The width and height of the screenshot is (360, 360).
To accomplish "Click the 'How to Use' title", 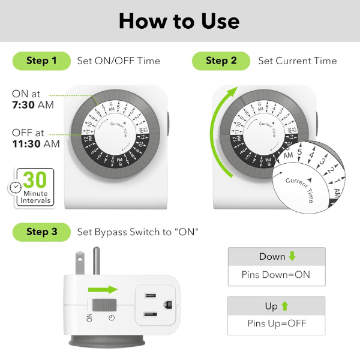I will pyautogui.click(x=179, y=21).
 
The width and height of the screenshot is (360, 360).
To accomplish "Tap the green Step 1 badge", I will pyautogui.click(x=41, y=61).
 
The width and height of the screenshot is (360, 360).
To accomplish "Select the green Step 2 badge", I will pyautogui.click(x=221, y=61).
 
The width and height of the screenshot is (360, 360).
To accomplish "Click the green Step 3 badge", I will pyautogui.click(x=41, y=232).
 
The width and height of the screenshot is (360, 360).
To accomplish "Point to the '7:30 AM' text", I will pyautogui.click(x=33, y=105).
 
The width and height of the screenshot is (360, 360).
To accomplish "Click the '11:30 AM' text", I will pyautogui.click(x=36, y=143).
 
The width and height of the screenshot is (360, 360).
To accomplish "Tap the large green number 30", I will pyautogui.click(x=35, y=180).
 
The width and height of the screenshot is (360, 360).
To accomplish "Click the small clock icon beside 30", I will pyautogui.click(x=16, y=187).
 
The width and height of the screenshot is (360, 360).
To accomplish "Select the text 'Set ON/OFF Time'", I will pyautogui.click(x=119, y=61).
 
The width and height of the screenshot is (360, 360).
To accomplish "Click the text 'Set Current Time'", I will pyautogui.click(x=298, y=61).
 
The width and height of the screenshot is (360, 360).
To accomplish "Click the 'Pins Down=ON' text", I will pyautogui.click(x=276, y=275).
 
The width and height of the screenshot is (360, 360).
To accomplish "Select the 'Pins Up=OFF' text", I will pyautogui.click(x=277, y=324).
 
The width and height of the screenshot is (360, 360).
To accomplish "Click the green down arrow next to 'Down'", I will pyautogui.click(x=292, y=256).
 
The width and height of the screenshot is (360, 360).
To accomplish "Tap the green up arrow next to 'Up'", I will pyautogui.click(x=285, y=306).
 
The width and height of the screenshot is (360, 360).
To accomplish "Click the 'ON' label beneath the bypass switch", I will pyautogui.click(x=89, y=317).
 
